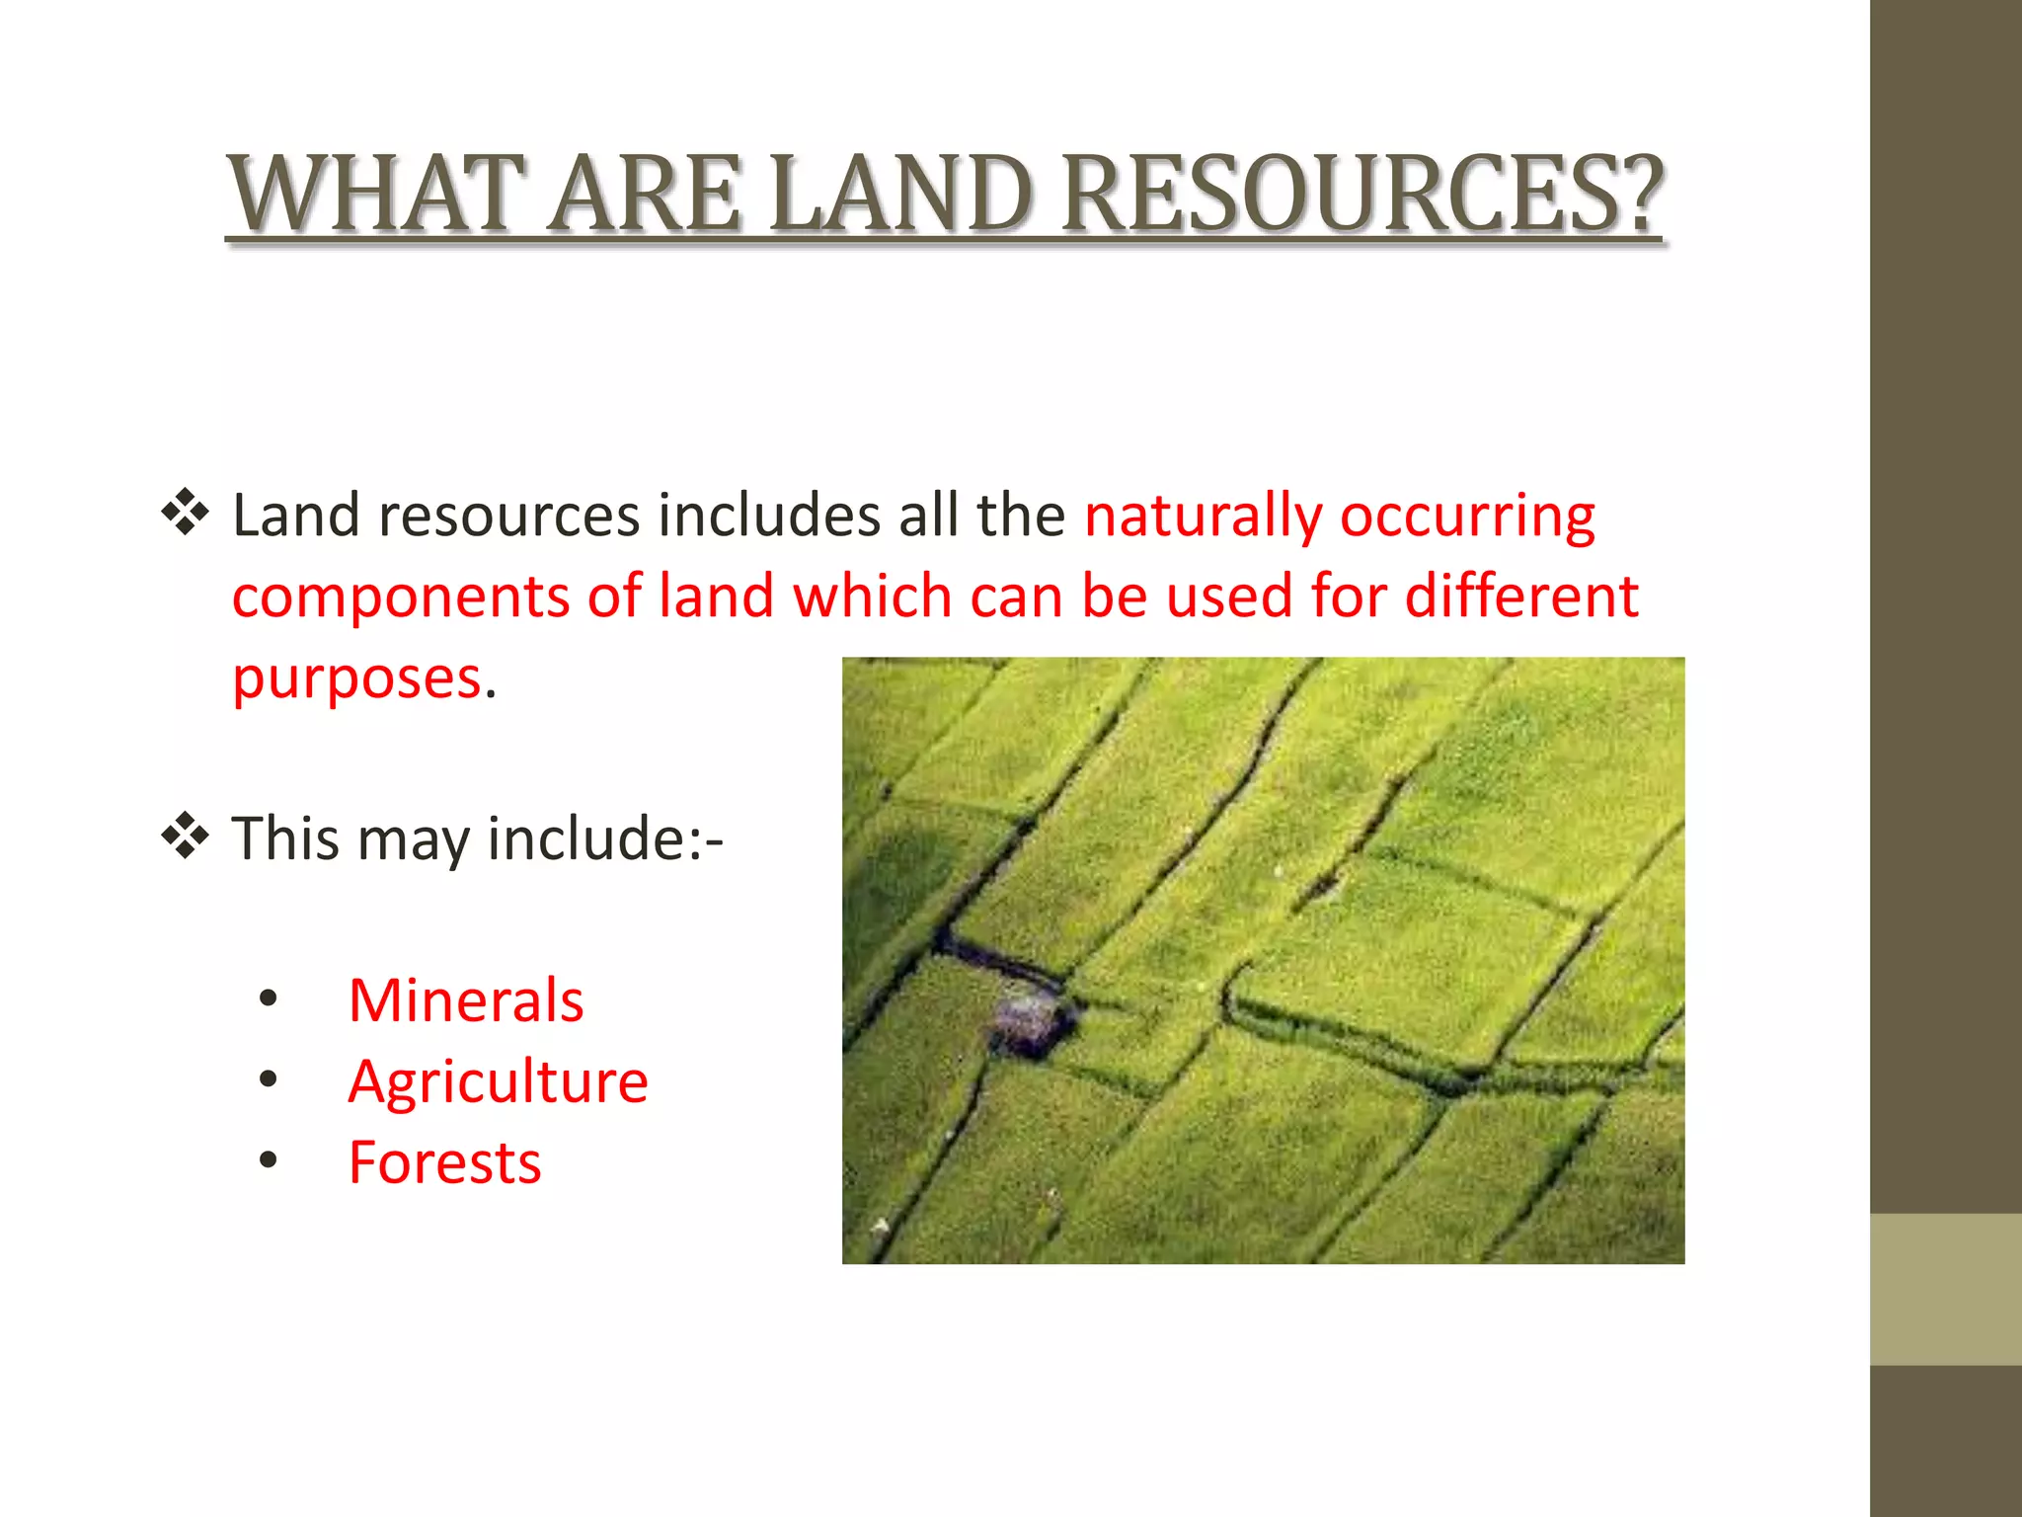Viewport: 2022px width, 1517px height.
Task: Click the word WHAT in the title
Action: click(376, 194)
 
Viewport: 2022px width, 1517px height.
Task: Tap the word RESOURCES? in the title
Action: click(1362, 194)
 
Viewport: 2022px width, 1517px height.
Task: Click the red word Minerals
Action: click(466, 1000)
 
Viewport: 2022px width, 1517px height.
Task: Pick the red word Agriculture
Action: click(498, 1081)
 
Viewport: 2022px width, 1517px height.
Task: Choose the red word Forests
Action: click(444, 1162)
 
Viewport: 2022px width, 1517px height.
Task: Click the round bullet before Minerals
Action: click(268, 1000)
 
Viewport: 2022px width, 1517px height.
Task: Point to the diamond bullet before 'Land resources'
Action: click(185, 514)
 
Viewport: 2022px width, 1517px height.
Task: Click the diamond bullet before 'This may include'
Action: click(185, 838)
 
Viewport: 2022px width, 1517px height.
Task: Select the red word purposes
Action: click(357, 679)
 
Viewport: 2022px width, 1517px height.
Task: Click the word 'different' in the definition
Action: click(1520, 597)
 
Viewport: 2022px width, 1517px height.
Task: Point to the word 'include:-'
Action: click(605, 838)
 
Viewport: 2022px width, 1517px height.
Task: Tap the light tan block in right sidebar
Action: click(1945, 1289)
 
